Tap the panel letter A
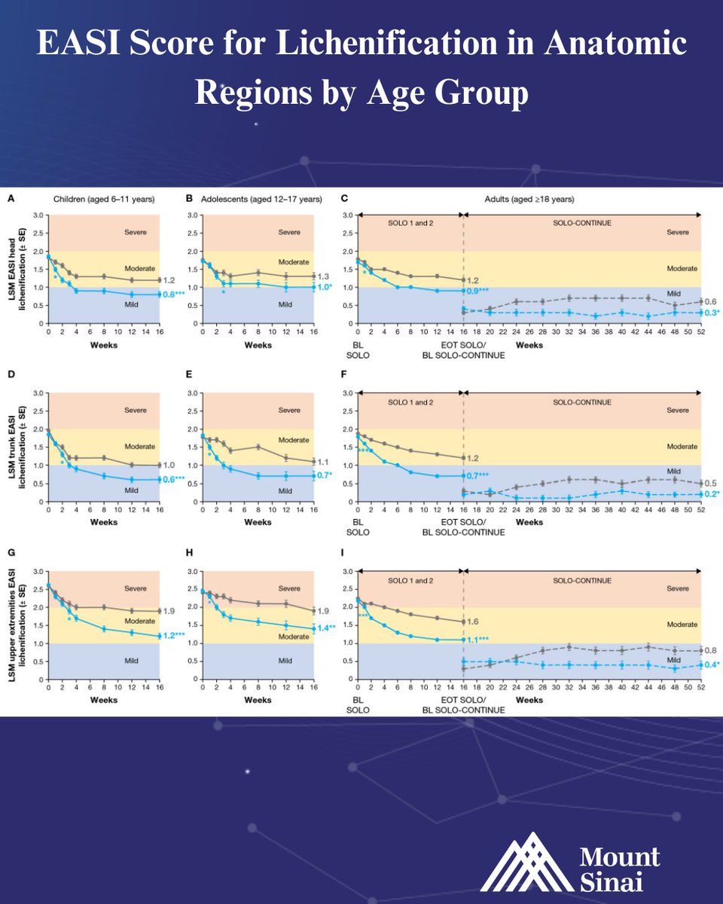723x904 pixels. [11, 199]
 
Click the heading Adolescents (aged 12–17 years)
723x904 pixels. [261, 199]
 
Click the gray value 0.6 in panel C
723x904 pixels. [709, 301]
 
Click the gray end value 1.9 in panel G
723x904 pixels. [170, 612]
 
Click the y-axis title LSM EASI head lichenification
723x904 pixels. [21, 268]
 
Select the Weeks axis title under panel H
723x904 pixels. [258, 700]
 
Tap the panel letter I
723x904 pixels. [343, 555]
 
